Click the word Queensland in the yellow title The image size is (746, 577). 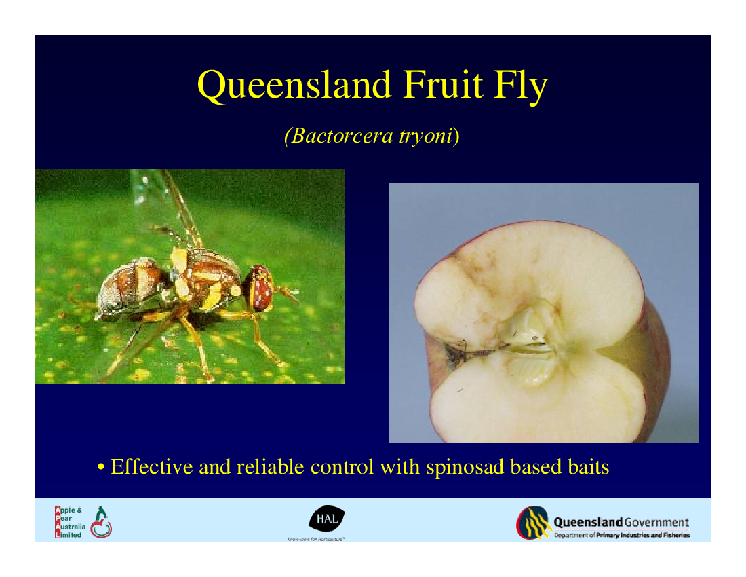tap(294, 86)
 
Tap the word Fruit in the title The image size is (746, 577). tap(443, 85)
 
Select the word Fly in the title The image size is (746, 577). tap(521, 86)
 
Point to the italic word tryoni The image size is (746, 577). tap(425, 136)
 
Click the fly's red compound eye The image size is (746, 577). tap(260, 288)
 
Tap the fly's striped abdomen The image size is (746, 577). tap(130, 286)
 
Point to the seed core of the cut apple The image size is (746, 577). tap(530, 343)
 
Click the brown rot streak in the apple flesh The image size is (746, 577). tap(478, 281)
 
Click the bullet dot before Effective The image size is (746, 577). tap(100, 468)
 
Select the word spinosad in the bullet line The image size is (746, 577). tap(465, 468)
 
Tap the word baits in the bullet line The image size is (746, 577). tap(589, 466)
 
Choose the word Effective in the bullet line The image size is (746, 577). tap(152, 466)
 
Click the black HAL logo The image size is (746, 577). tap(326, 519)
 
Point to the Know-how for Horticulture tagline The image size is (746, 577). tap(316, 539)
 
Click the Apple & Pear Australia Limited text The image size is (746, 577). tap(70, 522)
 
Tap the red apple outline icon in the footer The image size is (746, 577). tap(101, 527)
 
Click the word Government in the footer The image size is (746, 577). tap(656, 522)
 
